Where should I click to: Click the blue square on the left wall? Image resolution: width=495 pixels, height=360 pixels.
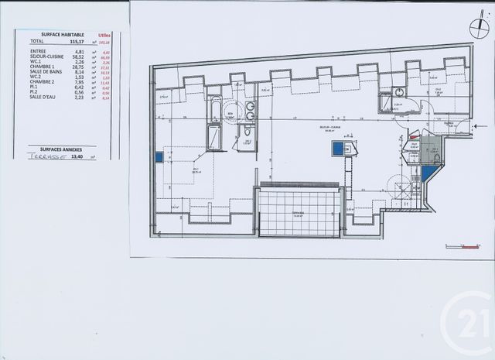[159, 156]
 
